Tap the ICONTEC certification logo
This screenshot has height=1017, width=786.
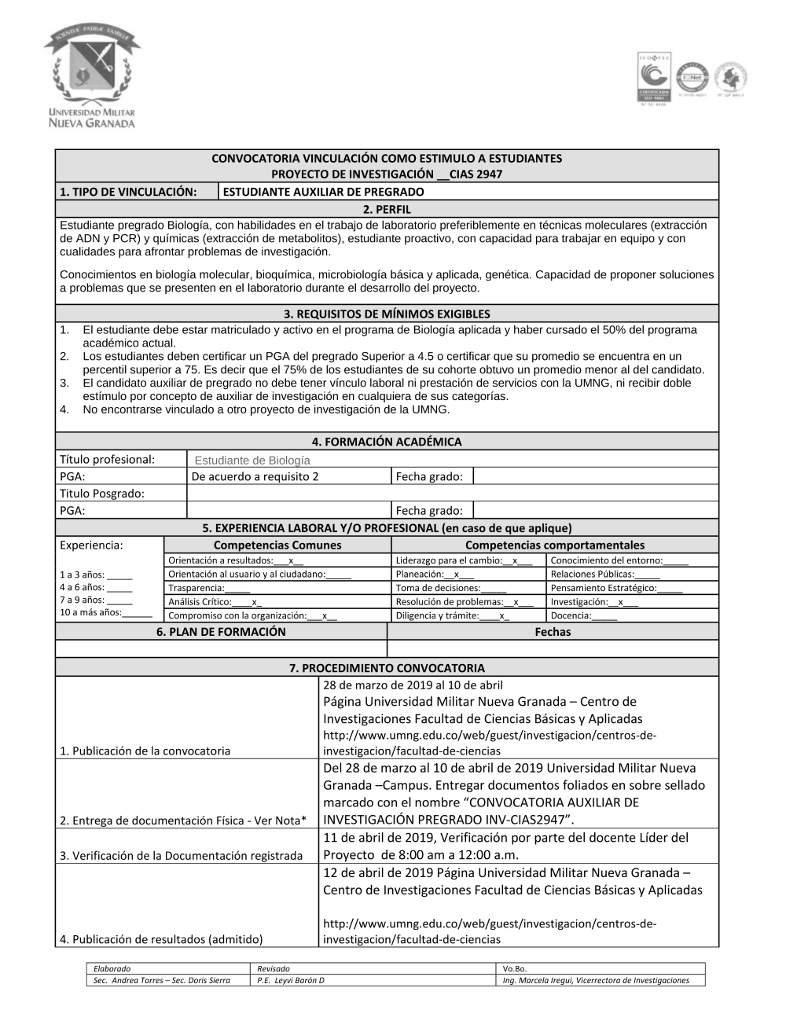(653, 78)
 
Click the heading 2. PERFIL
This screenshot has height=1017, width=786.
(387, 209)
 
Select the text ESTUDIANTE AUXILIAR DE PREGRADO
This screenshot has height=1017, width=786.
(324, 192)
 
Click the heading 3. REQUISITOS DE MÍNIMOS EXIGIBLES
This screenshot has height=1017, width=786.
(387, 314)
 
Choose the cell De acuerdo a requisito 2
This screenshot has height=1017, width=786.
(255, 476)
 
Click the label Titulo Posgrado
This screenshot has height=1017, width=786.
(102, 494)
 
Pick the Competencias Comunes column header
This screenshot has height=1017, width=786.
(277, 545)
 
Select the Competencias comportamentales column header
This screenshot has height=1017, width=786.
(554, 545)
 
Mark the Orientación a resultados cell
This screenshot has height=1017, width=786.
(235, 560)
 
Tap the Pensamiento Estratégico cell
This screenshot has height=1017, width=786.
(616, 588)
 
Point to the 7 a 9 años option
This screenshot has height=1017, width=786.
(96, 600)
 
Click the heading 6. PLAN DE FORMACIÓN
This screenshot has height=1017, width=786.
(221, 632)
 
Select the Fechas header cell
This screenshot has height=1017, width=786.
(553, 632)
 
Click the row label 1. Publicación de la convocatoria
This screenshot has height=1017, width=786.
(145, 751)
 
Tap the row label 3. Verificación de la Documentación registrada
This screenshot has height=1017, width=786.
(181, 855)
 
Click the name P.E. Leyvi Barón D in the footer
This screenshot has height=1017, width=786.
(291, 980)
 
